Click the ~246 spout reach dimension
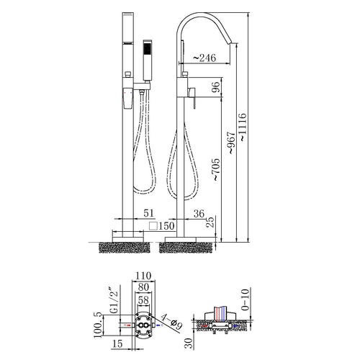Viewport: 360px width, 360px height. tap(204, 58)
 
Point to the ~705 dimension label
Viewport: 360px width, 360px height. tap(215, 169)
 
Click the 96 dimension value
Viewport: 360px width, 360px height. tap(215, 87)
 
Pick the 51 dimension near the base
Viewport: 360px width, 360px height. tap(148, 213)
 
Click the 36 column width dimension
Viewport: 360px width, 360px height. tap(199, 213)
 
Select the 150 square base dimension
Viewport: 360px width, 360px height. tap(161, 226)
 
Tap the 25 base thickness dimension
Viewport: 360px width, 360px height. tap(210, 222)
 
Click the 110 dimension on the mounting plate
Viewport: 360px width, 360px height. tap(143, 276)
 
